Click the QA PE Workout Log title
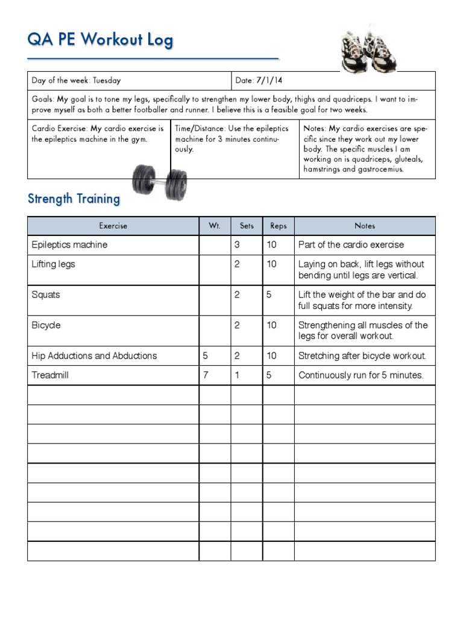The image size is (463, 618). tap(100, 40)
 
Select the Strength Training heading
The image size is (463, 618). tap(74, 199)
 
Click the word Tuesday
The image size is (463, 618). tap(107, 80)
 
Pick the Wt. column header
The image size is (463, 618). tap(215, 226)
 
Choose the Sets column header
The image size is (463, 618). tap(247, 226)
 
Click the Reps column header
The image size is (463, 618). tap(279, 226)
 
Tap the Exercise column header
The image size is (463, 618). tap(113, 226)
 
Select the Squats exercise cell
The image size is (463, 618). tap(46, 295)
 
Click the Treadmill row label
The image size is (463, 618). tap(50, 375)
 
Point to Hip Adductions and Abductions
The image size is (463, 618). tap(94, 355)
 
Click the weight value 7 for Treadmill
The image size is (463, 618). tap(206, 375)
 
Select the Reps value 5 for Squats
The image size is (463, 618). tap(269, 295)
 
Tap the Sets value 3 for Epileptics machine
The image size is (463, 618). tap(237, 244)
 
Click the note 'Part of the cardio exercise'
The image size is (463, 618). tap(351, 244)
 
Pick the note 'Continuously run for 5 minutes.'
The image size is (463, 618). tap(361, 375)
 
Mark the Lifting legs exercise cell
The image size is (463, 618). tap(54, 264)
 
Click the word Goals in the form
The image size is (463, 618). tap(42, 99)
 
